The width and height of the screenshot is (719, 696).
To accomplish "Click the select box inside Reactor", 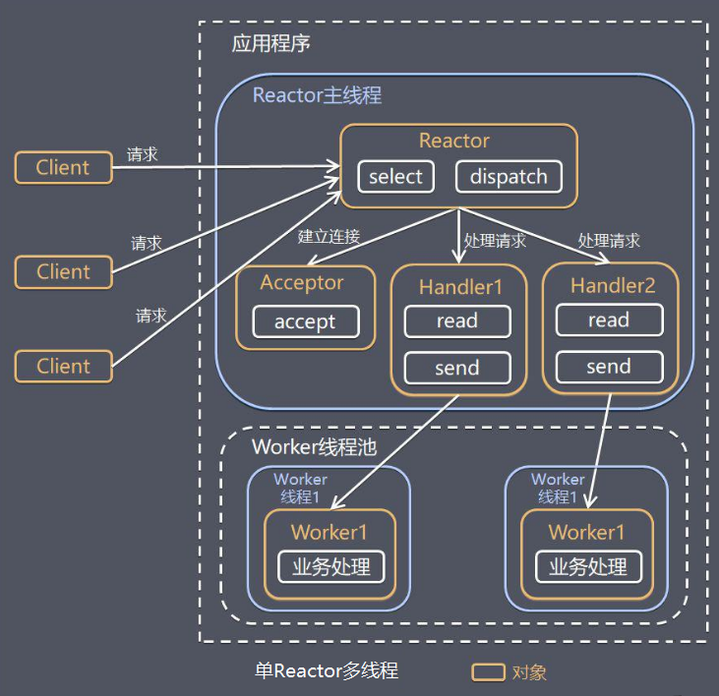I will (x=395, y=177).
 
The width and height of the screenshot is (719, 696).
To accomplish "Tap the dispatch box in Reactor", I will (x=509, y=177).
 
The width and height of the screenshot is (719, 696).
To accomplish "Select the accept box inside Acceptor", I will (x=305, y=321).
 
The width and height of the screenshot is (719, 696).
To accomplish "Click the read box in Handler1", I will (x=456, y=321).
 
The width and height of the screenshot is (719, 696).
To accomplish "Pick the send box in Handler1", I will (x=456, y=368).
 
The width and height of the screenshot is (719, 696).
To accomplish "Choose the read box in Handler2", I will (x=608, y=320).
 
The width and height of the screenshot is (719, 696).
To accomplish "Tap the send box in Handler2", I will (x=608, y=367).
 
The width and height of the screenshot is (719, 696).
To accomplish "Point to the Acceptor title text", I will (x=302, y=283).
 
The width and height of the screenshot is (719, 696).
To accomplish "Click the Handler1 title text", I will (x=460, y=287).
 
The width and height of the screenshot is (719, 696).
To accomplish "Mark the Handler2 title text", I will (x=612, y=286).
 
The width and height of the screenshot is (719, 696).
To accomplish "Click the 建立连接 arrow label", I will (x=330, y=237).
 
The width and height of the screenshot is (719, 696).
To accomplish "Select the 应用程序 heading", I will (x=271, y=44).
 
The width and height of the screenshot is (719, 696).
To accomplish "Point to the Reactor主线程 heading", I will (x=317, y=95).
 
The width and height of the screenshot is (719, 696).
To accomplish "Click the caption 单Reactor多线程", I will (x=327, y=671).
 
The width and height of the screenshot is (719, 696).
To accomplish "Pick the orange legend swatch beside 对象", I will (x=489, y=672).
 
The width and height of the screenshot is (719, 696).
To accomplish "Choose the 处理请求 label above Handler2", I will (x=609, y=241).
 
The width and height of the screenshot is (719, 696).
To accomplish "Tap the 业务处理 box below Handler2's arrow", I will (x=588, y=567).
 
